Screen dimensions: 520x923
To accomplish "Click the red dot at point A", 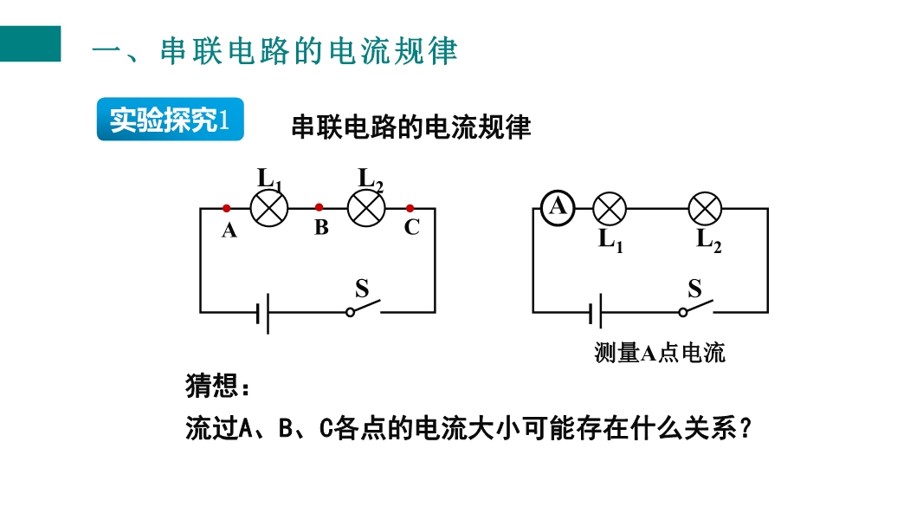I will [226, 208].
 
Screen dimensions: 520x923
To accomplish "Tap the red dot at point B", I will [319, 207].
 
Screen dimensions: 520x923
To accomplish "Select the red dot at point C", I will [410, 208].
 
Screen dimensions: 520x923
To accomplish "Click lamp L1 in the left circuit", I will [268, 209].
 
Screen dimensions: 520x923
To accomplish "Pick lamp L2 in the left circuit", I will [365, 209].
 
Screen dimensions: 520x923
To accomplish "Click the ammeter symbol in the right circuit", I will [558, 207].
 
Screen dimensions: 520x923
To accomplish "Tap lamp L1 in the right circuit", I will [610, 209].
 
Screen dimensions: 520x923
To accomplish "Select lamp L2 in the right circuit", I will [705, 209].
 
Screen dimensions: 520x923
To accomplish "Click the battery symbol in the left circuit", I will [264, 312].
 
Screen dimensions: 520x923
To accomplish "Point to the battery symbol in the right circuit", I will [597, 312].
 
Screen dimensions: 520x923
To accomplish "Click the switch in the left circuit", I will [363, 308].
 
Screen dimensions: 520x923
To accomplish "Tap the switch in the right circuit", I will [695, 308].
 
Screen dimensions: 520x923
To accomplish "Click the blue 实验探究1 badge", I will [170, 120].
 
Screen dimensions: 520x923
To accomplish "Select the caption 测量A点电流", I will [659, 353].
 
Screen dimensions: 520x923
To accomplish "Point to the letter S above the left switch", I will [362, 288].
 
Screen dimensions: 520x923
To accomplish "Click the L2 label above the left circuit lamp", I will [371, 179].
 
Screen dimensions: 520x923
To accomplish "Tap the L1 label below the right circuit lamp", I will [610, 240].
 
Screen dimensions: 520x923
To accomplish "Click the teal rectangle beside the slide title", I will [30, 43].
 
